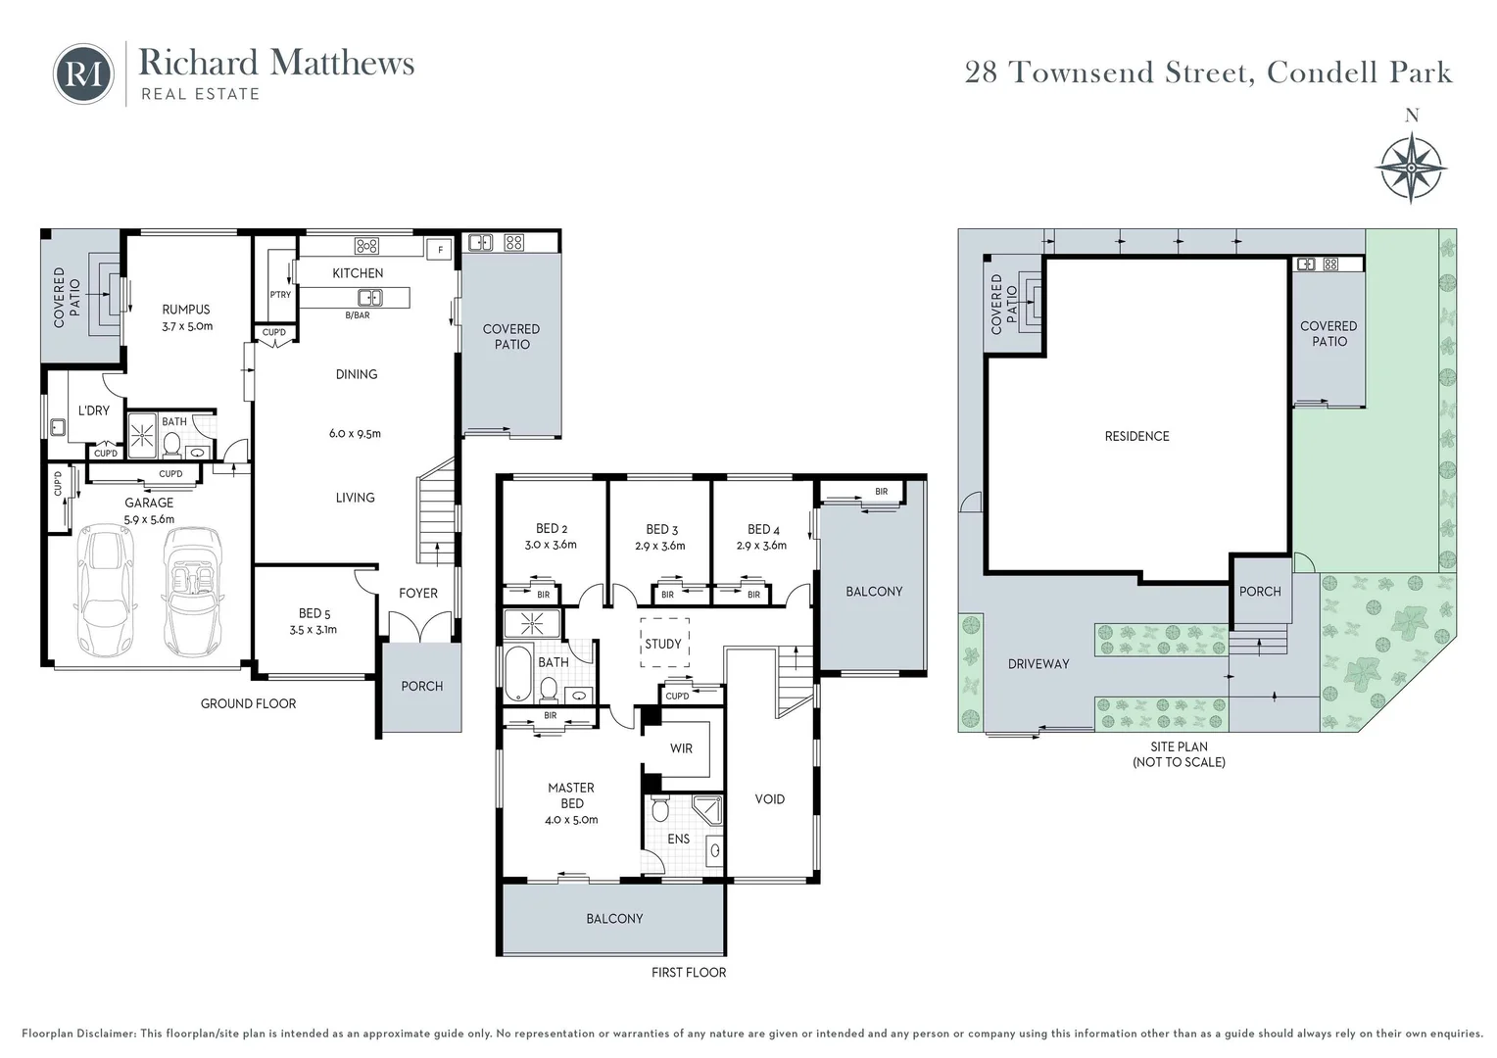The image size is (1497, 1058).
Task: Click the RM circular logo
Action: click(83, 74)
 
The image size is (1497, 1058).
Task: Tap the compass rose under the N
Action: click(1411, 168)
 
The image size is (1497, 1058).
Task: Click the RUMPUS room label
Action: click(186, 310)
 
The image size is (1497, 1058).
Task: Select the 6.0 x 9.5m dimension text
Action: click(355, 433)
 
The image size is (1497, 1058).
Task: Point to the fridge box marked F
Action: click(440, 249)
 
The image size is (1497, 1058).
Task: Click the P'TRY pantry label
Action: click(280, 294)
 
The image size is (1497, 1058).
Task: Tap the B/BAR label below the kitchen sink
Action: click(358, 314)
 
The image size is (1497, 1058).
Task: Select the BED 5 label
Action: click(314, 613)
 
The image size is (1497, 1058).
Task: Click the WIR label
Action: click(681, 748)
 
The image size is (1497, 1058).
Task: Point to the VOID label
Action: click(769, 798)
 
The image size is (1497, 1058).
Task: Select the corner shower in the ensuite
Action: click(707, 810)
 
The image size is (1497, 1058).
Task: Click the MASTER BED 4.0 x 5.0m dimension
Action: click(571, 819)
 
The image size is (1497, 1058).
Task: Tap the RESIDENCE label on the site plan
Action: click(1136, 437)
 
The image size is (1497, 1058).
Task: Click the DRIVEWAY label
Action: click(1038, 663)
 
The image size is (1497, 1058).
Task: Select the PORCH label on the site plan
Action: click(1260, 592)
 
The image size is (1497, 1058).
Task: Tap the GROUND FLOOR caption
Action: click(248, 703)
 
